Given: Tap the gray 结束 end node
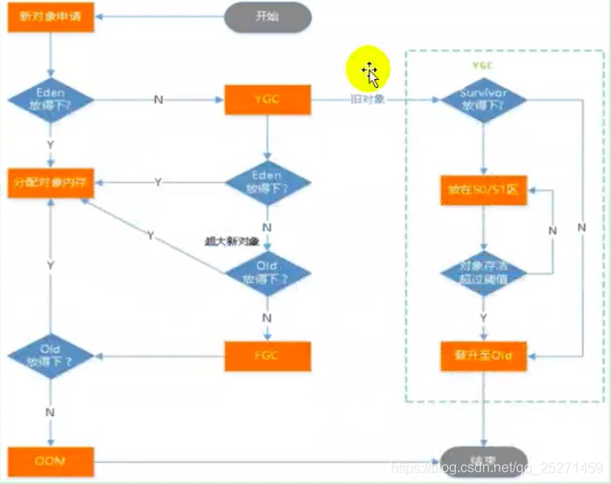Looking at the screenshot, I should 484,459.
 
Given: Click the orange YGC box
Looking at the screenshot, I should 268,99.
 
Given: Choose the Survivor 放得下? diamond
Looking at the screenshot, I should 482,100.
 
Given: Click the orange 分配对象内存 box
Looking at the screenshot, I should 50,182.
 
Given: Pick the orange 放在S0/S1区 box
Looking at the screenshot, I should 483,190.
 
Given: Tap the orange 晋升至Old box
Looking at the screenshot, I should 483,356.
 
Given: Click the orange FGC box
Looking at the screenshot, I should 268,355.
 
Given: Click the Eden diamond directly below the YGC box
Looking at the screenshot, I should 268,182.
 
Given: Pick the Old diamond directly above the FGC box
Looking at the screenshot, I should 268,273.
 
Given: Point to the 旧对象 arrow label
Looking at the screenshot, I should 370,101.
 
